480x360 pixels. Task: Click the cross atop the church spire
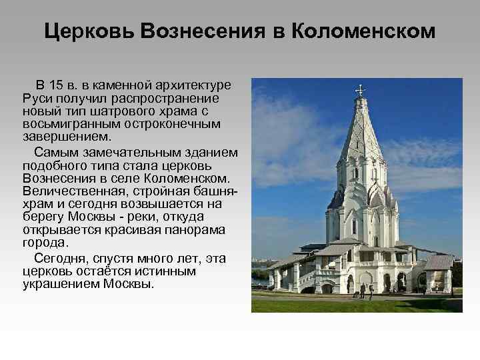361,88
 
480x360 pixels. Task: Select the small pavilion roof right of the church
438,261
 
